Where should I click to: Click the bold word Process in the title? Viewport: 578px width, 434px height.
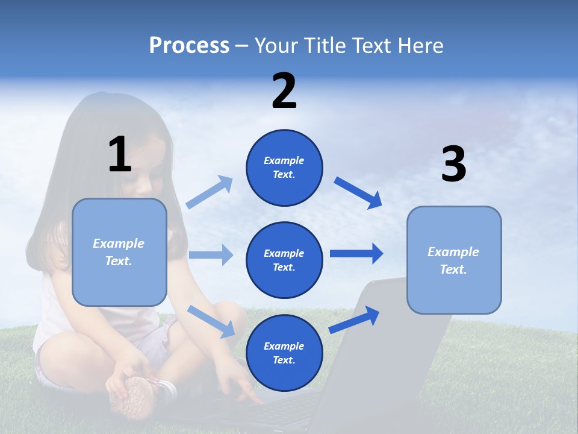pos(189,46)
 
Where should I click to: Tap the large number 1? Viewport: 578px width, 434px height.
pos(120,154)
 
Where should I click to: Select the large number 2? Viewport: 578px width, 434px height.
pos(284,91)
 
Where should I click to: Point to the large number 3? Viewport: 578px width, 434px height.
pos(453,165)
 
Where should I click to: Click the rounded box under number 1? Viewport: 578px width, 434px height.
pos(119,252)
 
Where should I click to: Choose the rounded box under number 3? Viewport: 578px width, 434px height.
pos(454,260)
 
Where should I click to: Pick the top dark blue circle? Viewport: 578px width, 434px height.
pos(284,168)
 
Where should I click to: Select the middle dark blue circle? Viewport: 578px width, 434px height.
pos(284,260)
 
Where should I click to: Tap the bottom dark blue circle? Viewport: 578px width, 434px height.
pos(284,353)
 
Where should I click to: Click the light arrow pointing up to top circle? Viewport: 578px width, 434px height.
pos(210,192)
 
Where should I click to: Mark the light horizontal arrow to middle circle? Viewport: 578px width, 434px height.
pos(211,255)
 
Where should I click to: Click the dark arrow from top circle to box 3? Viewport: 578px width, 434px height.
pos(358,192)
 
